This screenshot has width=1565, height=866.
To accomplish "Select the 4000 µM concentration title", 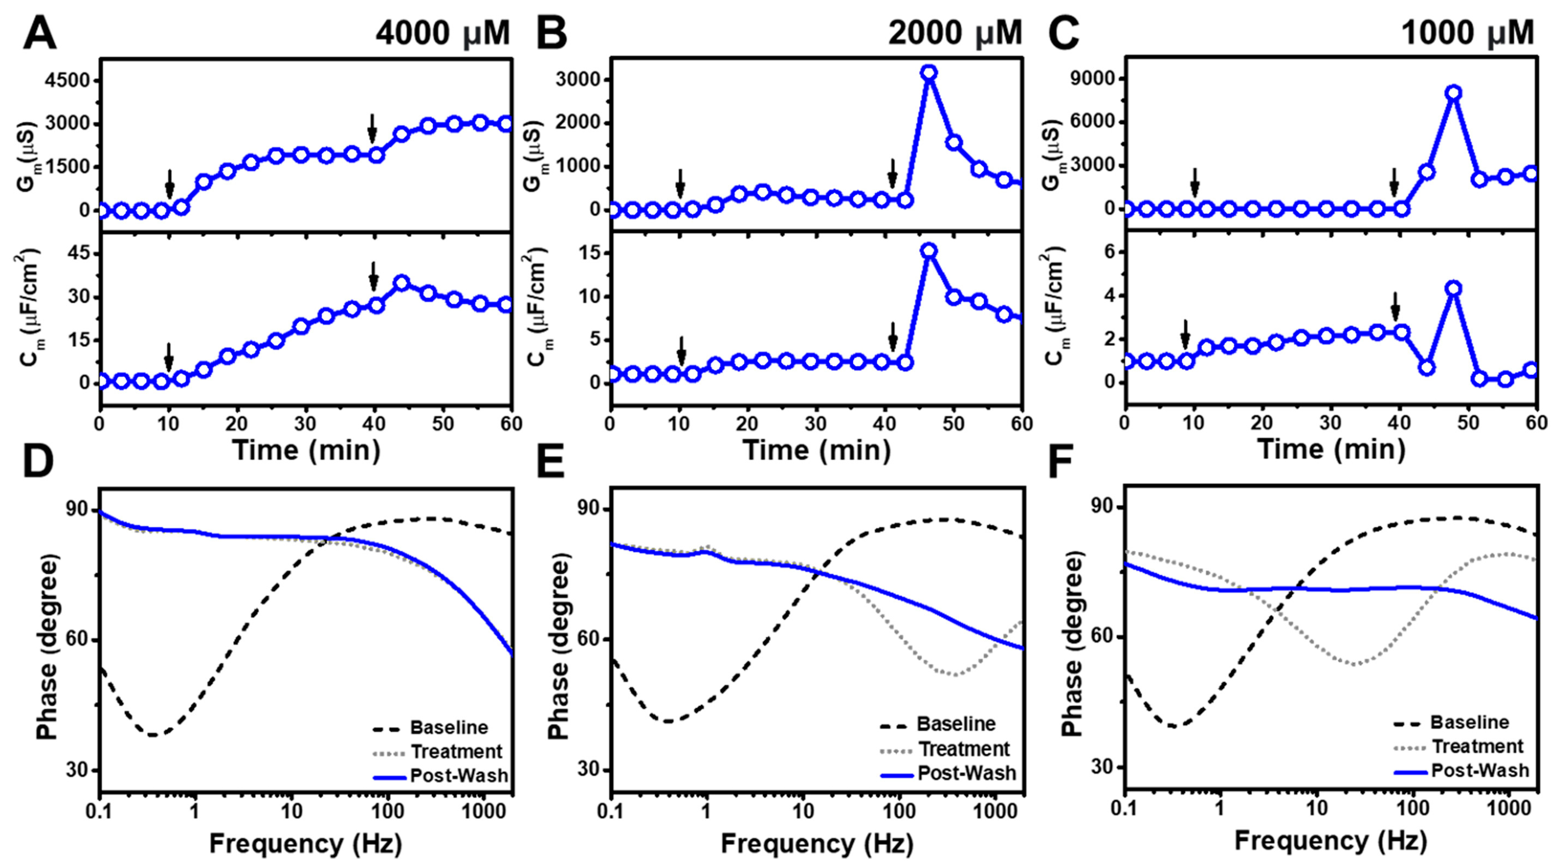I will tap(442, 33).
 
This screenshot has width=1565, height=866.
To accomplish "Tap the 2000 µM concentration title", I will tap(955, 33).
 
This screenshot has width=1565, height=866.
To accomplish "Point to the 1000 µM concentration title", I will tap(1467, 33).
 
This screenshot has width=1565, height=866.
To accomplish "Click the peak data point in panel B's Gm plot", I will tap(928, 73).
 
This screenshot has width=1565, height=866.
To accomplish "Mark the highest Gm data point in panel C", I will tap(1453, 93).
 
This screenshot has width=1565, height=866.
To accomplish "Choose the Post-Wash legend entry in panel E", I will tap(966, 773).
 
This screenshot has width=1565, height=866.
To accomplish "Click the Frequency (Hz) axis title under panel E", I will tap(817, 844).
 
